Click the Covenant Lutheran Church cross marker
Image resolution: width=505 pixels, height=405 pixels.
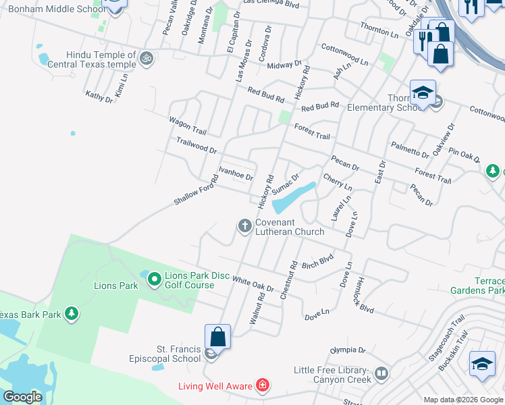[x=244, y=225]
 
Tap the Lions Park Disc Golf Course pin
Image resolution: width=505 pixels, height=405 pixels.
[x=153, y=277]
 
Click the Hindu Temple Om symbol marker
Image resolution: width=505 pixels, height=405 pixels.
[x=147, y=59]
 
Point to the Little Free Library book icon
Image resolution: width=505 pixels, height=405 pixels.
[x=381, y=373]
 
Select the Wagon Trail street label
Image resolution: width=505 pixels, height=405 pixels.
[x=187, y=125]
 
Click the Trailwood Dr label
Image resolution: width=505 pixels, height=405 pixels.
[x=196, y=145]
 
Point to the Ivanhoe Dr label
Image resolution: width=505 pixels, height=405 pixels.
[x=236, y=173]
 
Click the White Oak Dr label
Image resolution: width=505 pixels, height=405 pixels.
[x=252, y=283]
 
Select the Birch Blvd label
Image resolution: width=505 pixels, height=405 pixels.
[x=318, y=261]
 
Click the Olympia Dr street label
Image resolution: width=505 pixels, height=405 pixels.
[x=347, y=350]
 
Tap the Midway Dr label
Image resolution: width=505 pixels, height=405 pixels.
[x=284, y=65]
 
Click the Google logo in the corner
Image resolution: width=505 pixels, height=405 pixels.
[x=22, y=396]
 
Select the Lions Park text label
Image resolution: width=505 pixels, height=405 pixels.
[x=115, y=286]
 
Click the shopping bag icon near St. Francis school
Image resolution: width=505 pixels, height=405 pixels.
[x=218, y=336]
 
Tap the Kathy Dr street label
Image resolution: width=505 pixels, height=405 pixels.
[x=99, y=97]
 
